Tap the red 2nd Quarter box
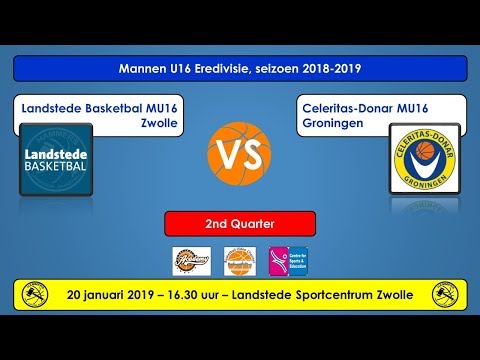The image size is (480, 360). [240, 223]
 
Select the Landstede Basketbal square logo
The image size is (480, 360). [56, 160]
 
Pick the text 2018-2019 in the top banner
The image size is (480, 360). [333, 68]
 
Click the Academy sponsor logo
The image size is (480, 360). [190, 260]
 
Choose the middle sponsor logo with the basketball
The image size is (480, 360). [240, 260]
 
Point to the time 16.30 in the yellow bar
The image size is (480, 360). [204, 295]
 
